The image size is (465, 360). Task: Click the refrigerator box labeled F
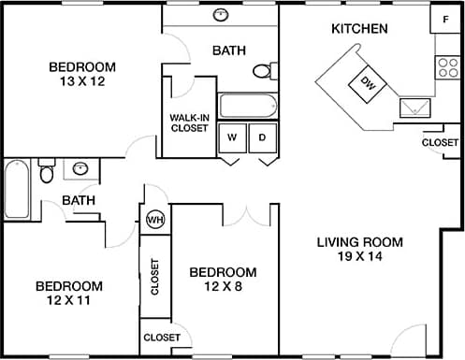tap(444, 19)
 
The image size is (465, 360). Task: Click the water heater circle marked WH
tap(154, 220)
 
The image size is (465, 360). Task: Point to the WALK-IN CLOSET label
tap(189, 123)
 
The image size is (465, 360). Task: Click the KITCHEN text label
tap(359, 29)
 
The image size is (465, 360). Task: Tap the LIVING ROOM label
tap(359, 242)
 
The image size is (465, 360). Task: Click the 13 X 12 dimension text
tap(82, 81)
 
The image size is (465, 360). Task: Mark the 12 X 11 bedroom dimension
tap(68, 301)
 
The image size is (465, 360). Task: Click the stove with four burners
tap(444, 66)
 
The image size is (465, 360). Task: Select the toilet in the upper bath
tap(264, 70)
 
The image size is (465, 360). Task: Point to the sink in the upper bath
tap(222, 15)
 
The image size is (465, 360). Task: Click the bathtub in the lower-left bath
tap(17, 190)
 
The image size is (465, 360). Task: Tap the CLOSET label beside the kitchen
tap(440, 143)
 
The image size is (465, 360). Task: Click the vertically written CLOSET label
tap(154, 276)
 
